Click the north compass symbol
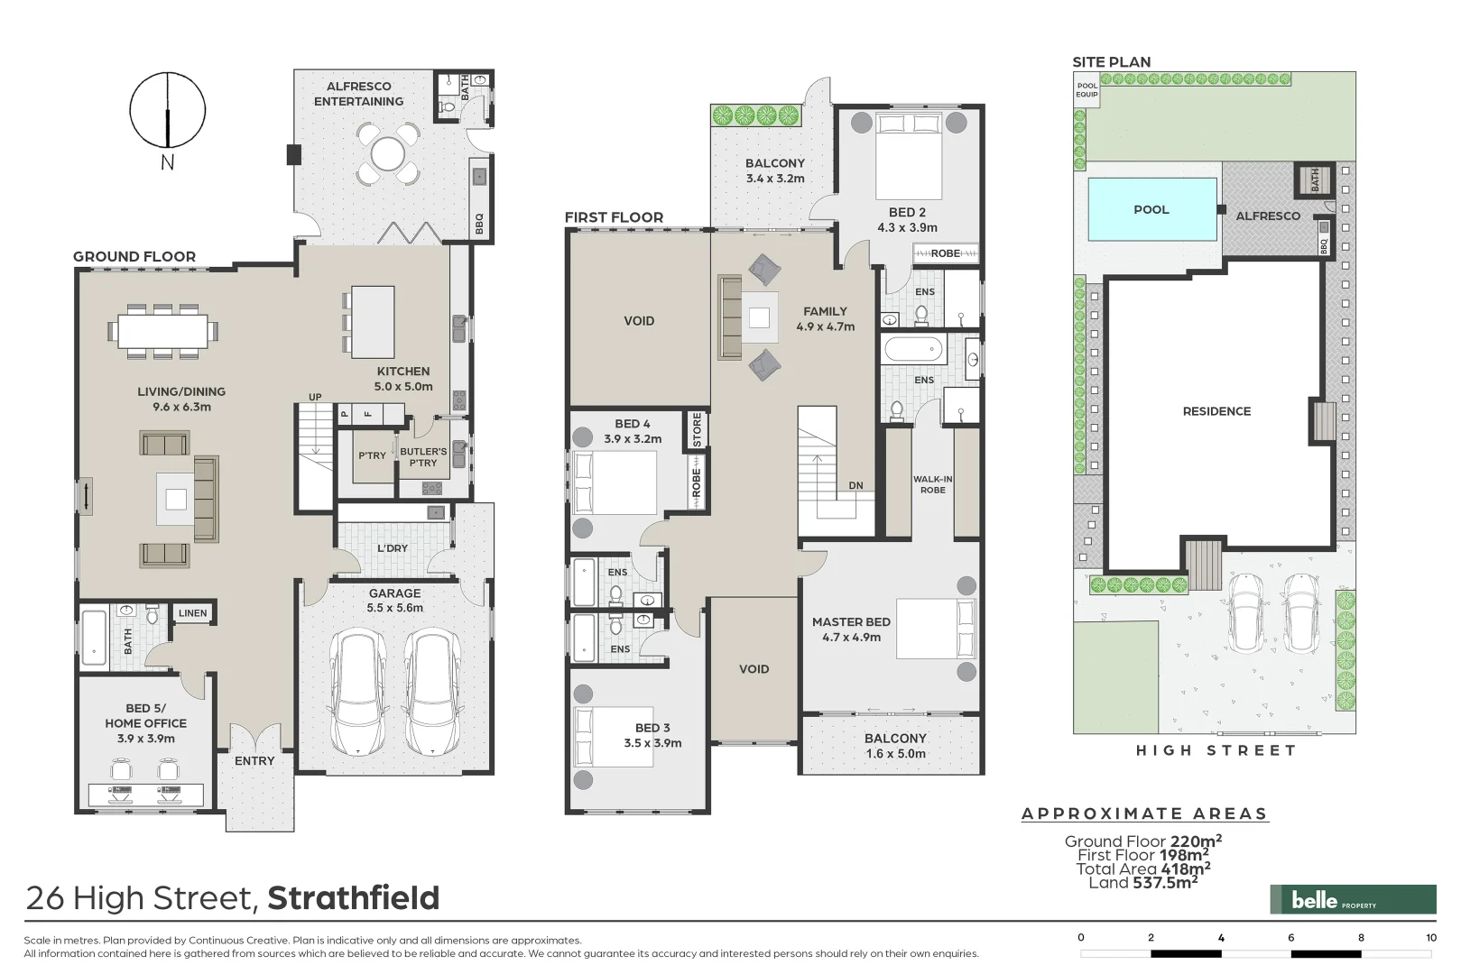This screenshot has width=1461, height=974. (x=167, y=110)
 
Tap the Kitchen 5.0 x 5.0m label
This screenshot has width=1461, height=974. (x=402, y=378)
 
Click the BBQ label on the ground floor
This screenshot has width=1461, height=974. (x=479, y=222)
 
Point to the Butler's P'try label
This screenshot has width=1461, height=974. (x=422, y=456)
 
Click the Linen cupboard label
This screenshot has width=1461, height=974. (x=192, y=613)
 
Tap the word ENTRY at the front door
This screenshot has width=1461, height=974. (x=254, y=760)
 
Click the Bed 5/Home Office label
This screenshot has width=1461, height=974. (x=145, y=723)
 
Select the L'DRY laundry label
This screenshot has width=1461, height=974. (x=392, y=547)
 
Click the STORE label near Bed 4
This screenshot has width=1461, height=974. (x=697, y=430)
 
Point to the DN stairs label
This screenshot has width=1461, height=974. (x=855, y=485)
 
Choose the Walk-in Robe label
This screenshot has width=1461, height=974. (x=932, y=484)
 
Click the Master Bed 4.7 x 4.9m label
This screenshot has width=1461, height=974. (x=851, y=629)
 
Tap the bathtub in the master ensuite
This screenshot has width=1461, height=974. (x=913, y=349)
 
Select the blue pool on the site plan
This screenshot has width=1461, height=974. (x=1151, y=209)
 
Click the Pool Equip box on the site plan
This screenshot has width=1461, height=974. (x=1087, y=90)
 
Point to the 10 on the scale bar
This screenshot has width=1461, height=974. (x=1431, y=937)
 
